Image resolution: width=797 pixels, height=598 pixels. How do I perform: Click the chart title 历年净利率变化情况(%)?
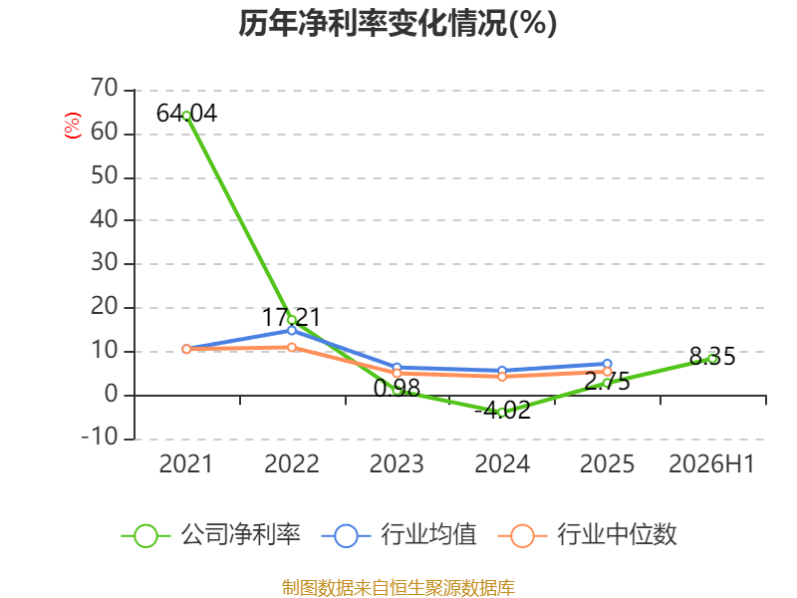[398, 23]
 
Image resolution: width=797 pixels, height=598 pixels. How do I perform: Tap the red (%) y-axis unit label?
[72, 126]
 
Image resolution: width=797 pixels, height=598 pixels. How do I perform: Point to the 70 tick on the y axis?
[105, 88]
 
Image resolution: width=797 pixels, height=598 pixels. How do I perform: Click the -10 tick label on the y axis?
[100, 437]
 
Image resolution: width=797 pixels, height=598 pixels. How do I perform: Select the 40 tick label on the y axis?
[105, 219]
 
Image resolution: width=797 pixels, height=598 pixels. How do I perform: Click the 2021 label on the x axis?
[185, 463]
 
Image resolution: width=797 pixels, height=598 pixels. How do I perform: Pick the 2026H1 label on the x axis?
[711, 463]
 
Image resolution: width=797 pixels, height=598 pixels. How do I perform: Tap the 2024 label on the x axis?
[502, 463]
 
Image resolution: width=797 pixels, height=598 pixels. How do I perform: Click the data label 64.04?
[187, 113]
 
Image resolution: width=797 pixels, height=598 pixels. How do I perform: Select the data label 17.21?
[291, 317]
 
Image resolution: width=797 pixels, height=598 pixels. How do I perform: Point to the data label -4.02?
[503, 410]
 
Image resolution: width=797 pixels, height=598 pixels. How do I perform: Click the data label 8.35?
[712, 357]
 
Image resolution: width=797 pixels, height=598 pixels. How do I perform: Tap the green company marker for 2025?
[607, 384]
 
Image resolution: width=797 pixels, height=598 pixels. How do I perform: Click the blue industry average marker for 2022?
[292, 331]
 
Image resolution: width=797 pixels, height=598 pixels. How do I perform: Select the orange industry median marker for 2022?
[292, 347]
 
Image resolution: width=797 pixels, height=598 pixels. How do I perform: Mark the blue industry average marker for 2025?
[607, 364]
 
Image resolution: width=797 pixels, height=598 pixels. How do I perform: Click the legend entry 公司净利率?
[211, 535]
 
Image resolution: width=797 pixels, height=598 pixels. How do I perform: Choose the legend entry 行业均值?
[399, 535]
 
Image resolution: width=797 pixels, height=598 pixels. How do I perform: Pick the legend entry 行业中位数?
[588, 535]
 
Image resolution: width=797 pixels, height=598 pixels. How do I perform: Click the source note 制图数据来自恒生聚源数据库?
[398, 588]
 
